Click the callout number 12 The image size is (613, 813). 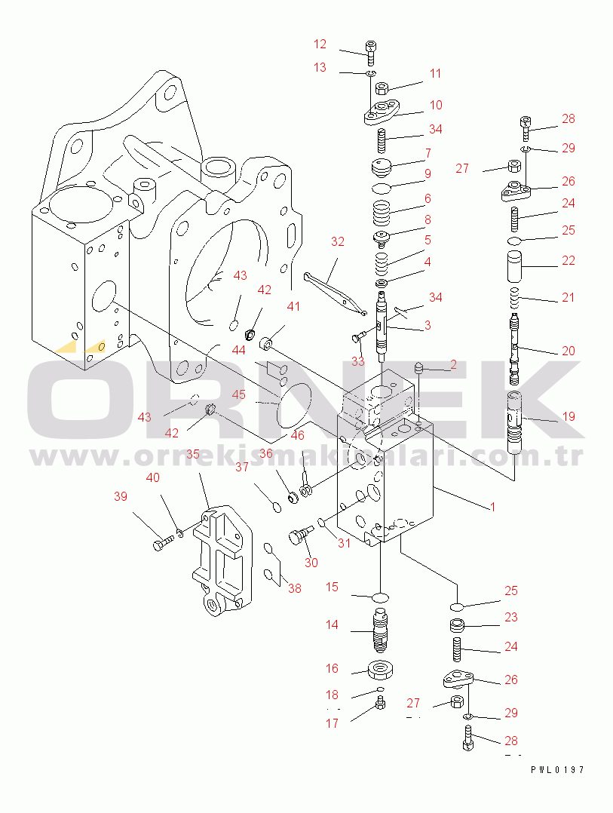click(320, 44)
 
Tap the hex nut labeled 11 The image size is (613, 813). click(382, 88)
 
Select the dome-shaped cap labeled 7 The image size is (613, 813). click(382, 167)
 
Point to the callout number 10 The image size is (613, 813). click(436, 105)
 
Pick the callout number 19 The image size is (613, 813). click(569, 416)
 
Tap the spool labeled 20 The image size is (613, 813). click(514, 348)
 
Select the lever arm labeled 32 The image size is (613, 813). click(334, 293)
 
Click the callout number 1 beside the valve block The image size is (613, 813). click(493, 507)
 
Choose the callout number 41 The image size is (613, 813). click(293, 306)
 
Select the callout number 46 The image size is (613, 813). click(297, 435)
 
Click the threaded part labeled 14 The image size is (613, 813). click(380, 630)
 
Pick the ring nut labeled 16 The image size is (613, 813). click(380, 670)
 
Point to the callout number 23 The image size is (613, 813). click(511, 617)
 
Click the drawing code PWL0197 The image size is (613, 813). click(557, 770)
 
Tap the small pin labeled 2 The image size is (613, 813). click(420, 370)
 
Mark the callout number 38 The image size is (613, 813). click(294, 588)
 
